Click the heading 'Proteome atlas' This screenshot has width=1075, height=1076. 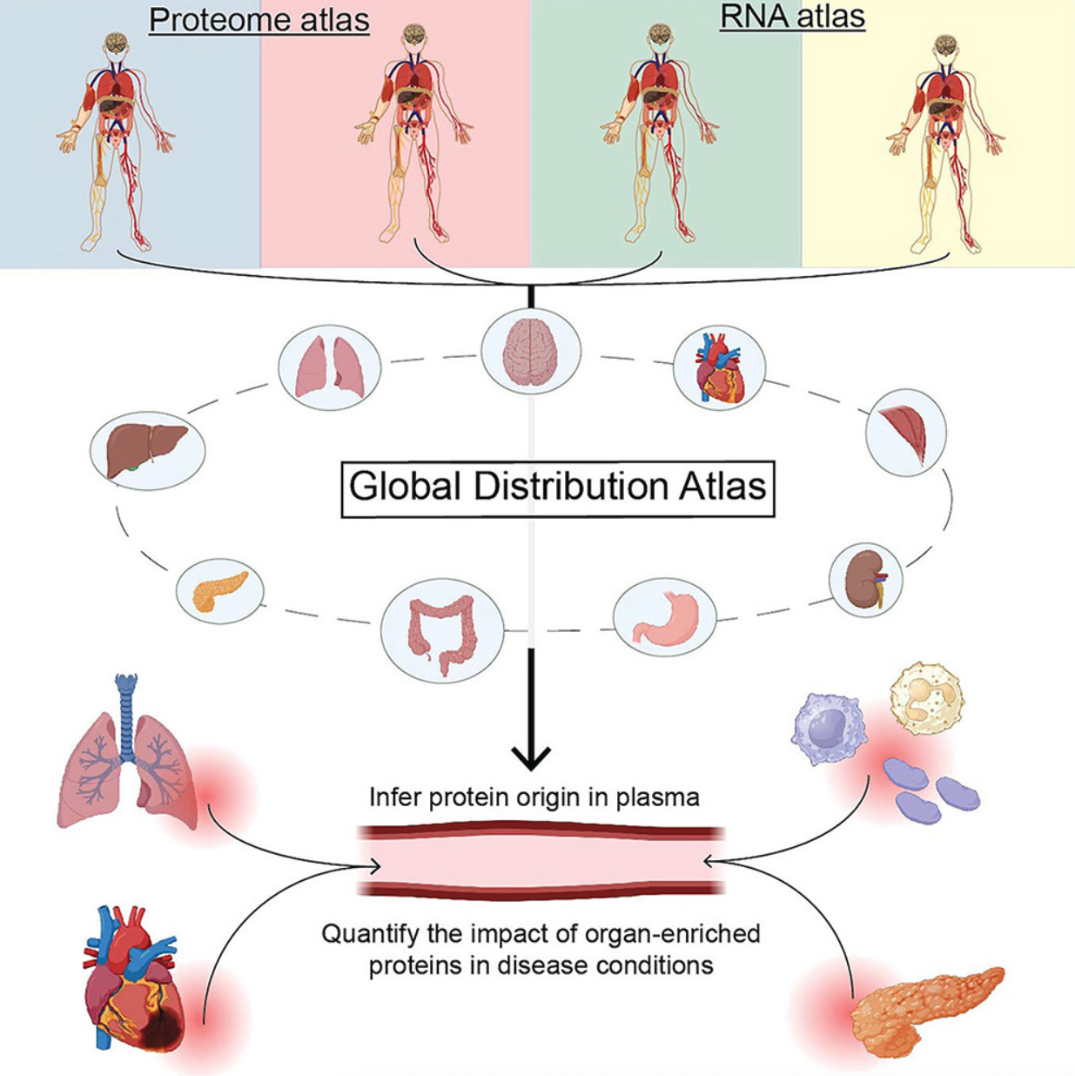tap(259, 20)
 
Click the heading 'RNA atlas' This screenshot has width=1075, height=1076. tap(792, 17)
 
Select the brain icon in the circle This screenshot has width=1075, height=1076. tap(530, 353)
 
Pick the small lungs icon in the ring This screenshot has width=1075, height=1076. tap(328, 368)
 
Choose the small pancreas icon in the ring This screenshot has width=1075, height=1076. tap(219, 591)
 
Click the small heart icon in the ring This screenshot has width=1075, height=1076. tap(719, 368)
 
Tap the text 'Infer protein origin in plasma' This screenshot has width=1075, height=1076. tap(534, 797)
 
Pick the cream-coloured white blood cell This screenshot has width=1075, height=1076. tap(926, 698)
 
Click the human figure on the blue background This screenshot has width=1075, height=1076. tap(116, 139)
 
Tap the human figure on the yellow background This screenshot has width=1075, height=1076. tap(945, 144)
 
